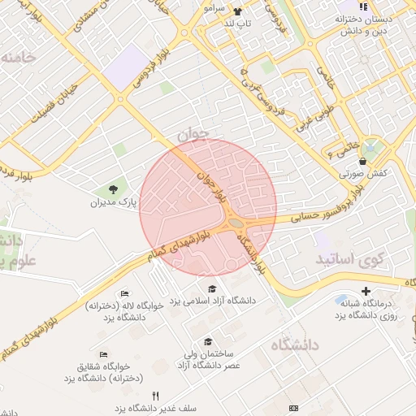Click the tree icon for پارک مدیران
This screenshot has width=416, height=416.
(x=114, y=189)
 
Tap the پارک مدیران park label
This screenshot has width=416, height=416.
(x=113, y=202)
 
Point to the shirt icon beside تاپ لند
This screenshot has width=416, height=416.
(x=237, y=12)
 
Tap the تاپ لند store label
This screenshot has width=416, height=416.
(x=238, y=24)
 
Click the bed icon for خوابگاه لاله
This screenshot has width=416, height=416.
(x=123, y=293)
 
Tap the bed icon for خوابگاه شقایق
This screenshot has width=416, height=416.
(x=103, y=354)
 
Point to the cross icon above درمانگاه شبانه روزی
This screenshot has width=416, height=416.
(x=366, y=291)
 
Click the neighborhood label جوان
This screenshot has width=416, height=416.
(x=193, y=132)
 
